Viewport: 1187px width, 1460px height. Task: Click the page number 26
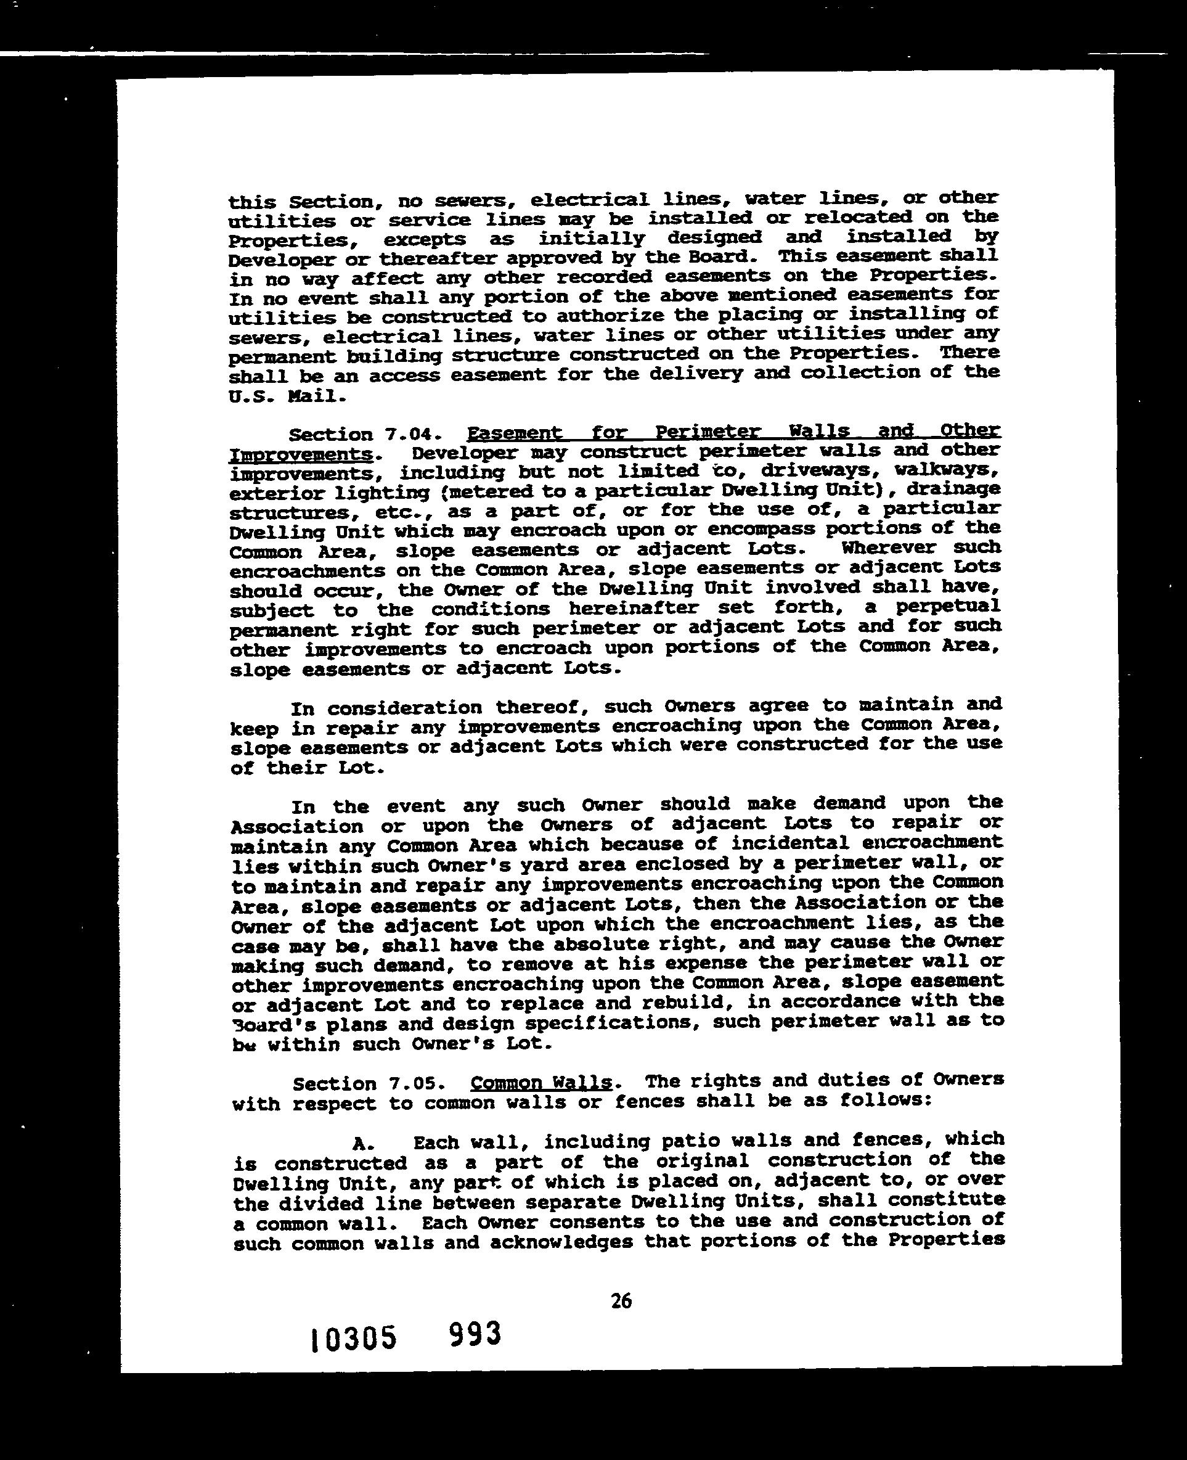pos(621,1301)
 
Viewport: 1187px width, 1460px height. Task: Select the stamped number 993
pos(475,1334)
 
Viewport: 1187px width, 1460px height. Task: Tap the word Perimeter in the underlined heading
pos(707,432)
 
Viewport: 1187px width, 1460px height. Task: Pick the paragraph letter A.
pos(362,1143)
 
